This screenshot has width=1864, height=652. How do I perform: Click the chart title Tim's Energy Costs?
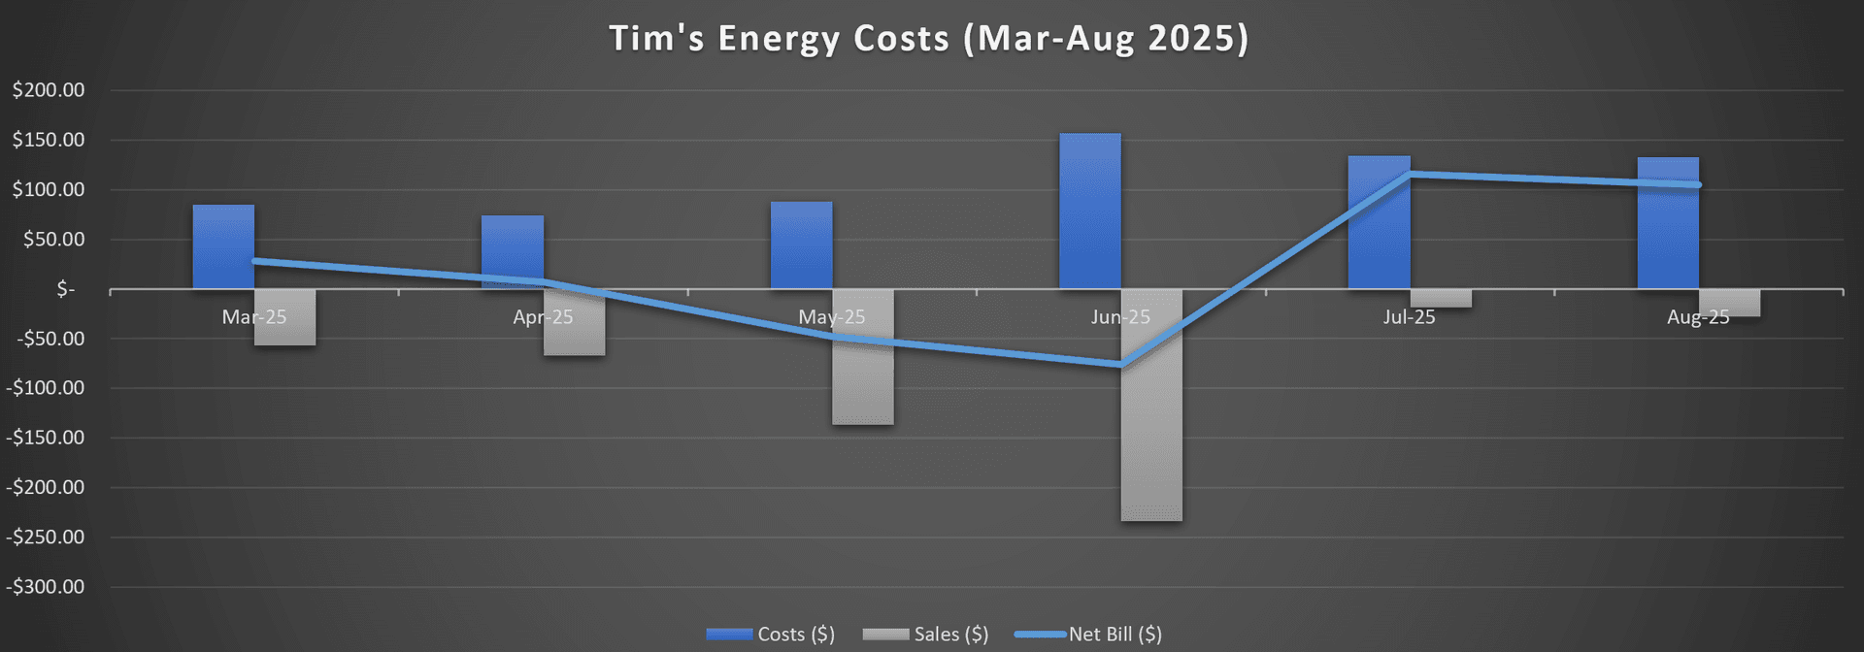click(x=928, y=39)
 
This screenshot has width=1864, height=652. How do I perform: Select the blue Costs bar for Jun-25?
click(x=1089, y=211)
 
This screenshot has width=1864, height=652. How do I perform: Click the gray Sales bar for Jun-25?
click(x=1151, y=407)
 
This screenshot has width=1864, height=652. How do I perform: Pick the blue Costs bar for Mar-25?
click(x=223, y=246)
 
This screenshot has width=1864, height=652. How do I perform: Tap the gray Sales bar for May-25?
click(x=863, y=359)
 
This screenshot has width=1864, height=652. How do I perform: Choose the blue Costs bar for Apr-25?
click(x=512, y=252)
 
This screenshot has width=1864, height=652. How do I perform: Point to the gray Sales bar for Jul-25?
click(x=1441, y=299)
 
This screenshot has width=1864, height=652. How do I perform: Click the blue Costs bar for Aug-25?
click(x=1668, y=223)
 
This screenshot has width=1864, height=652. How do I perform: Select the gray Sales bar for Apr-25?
click(x=575, y=325)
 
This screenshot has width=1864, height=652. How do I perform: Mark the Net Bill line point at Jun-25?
click(x=1121, y=366)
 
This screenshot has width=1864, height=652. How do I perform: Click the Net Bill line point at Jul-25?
click(x=1410, y=175)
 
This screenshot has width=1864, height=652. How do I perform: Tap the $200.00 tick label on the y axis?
click(x=49, y=90)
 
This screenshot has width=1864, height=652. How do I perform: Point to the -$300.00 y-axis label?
click(x=46, y=587)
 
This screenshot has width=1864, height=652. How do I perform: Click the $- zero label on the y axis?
click(x=65, y=289)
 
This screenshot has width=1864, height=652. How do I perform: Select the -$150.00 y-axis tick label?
click(x=46, y=438)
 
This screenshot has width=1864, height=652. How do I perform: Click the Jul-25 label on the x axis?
click(x=1409, y=317)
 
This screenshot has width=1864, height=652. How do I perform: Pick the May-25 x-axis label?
click(x=831, y=317)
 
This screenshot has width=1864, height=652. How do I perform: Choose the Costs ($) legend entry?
click(x=771, y=635)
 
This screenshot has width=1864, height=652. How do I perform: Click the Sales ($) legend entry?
click(x=925, y=635)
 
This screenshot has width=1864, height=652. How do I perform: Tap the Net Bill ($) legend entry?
click(x=1088, y=635)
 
